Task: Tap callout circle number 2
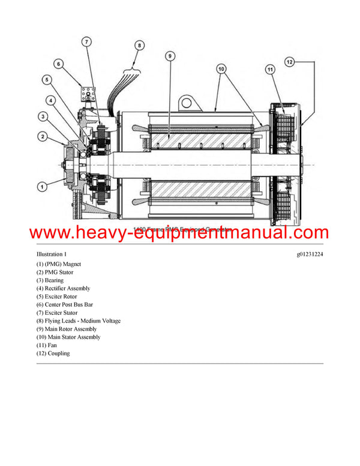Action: (x=42, y=137)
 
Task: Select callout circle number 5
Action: (x=47, y=79)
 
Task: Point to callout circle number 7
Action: (x=86, y=41)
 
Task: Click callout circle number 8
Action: (x=139, y=45)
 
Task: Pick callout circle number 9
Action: (x=170, y=56)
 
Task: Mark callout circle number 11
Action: (x=270, y=70)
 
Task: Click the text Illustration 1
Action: (x=50, y=255)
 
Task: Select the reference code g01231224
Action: (x=310, y=255)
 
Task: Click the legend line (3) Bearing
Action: (x=50, y=280)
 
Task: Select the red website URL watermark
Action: (x=179, y=232)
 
